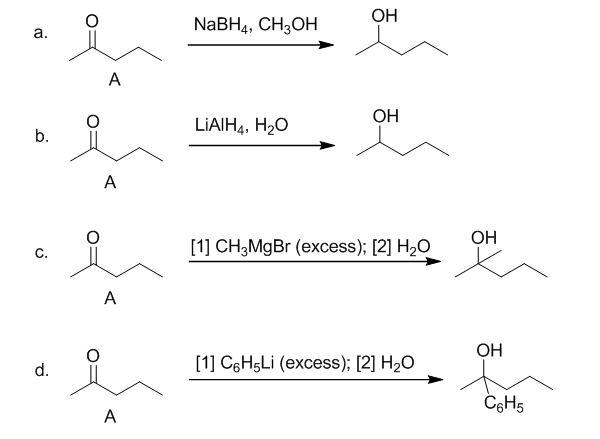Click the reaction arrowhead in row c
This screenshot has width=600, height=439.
point(432,263)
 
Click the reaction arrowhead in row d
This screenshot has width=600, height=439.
point(432,380)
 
